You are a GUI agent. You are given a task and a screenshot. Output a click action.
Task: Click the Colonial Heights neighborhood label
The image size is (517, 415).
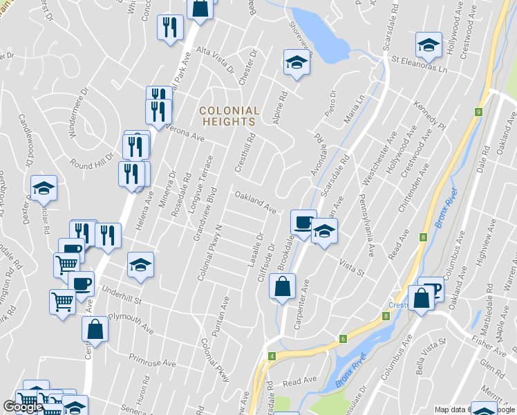(229, 116)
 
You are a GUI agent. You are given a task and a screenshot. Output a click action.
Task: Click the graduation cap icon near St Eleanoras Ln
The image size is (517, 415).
(429, 45)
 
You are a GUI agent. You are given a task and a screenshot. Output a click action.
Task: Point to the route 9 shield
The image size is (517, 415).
(478, 112)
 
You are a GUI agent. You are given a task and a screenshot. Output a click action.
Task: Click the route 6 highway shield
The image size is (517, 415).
(342, 338)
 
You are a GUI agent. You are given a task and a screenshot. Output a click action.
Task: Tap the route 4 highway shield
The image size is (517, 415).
(272, 356)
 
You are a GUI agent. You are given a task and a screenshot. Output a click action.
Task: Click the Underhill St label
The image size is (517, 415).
(122, 299)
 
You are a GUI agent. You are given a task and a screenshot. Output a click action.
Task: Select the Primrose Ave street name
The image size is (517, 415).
(152, 360)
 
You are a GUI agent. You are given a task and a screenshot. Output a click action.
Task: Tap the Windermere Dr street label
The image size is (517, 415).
(78, 112)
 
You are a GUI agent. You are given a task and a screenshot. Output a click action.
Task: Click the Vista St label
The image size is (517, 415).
(351, 266)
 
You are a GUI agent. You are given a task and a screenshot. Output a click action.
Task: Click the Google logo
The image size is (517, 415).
(23, 407)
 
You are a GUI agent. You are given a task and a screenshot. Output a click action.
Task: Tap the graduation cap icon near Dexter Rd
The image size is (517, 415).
(44, 187)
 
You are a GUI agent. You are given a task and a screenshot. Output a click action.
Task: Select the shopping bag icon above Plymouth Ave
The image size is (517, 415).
(95, 329)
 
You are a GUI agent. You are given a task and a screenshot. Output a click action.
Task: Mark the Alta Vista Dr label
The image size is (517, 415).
(216, 59)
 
